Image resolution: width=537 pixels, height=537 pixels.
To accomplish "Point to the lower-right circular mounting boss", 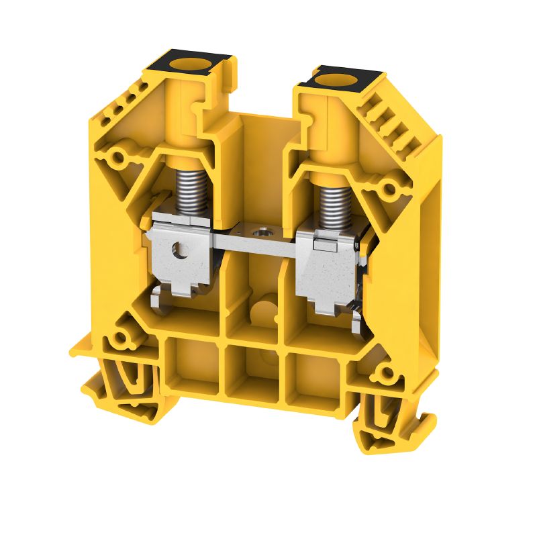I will [386, 373].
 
